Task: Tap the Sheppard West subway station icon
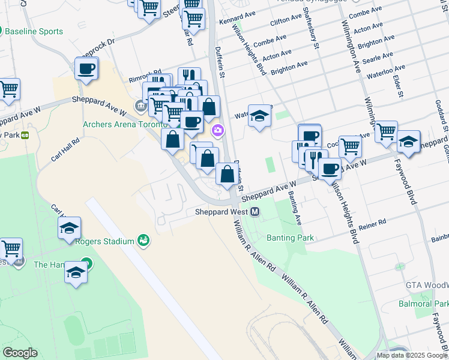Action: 255,212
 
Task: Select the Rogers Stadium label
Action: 104,241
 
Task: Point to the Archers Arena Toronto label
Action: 124,124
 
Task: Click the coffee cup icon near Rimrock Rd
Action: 86,68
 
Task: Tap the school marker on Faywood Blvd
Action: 408,142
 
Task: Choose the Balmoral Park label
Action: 423,304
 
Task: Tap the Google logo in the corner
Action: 20,353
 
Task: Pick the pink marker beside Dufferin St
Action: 217,130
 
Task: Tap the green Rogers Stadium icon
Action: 143,241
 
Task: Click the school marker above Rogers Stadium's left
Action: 70,227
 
